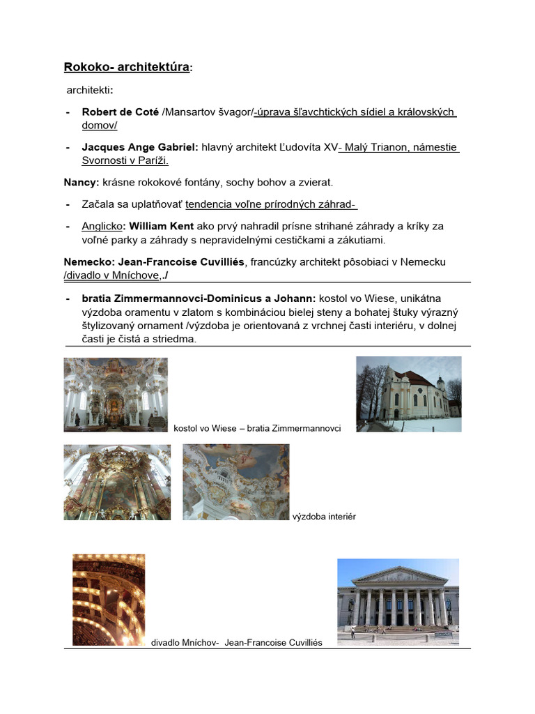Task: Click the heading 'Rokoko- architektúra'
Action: click(126, 67)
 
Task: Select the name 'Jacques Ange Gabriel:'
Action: click(140, 147)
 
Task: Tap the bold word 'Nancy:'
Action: click(82, 182)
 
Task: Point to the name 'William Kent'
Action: click(162, 226)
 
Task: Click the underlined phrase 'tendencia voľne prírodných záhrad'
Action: click(270, 204)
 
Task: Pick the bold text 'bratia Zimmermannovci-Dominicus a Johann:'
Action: click(199, 298)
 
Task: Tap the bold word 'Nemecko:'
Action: click(89, 261)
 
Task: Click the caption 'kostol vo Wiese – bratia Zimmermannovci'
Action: click(257, 428)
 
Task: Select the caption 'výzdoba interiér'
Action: click(325, 517)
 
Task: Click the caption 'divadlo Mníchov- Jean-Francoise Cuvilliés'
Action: click(237, 642)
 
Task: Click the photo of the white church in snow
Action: click(408, 394)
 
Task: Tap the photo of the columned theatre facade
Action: click(398, 598)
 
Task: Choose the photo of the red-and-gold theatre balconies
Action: click(109, 600)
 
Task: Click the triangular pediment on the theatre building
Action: click(399, 575)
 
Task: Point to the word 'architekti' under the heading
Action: click(88, 91)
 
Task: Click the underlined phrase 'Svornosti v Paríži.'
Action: click(125, 160)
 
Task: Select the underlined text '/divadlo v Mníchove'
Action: click(112, 275)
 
